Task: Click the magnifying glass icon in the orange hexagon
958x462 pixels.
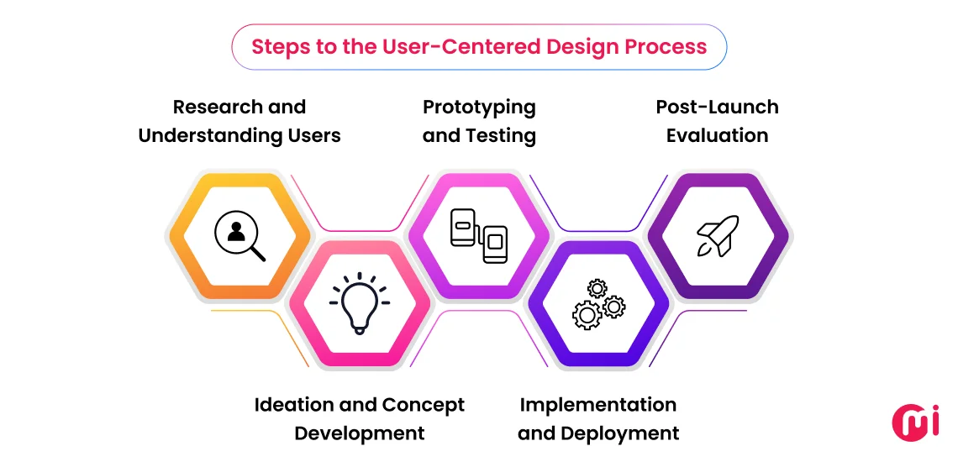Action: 239,236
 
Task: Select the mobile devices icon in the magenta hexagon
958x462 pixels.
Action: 479,236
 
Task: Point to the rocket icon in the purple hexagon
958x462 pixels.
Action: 718,236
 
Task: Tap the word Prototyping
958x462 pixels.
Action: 479,108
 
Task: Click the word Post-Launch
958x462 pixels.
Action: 717,108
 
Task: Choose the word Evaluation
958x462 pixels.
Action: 717,135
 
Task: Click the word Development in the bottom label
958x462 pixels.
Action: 360,433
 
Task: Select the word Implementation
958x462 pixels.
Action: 598,405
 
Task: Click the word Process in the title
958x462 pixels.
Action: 667,46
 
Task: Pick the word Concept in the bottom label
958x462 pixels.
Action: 424,405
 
